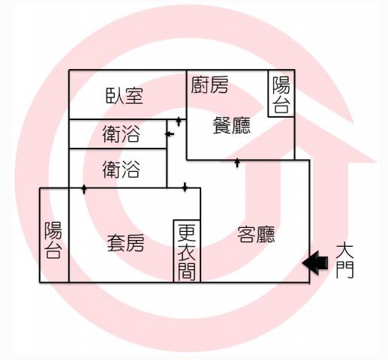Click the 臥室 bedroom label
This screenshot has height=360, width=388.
(x=125, y=96)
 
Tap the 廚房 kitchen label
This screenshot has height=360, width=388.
(x=209, y=85)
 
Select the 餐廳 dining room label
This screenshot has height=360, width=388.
(x=232, y=125)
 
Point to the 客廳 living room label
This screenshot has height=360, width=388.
(x=256, y=235)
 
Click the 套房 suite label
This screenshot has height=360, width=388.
(x=125, y=243)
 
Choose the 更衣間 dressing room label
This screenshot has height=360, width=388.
(x=187, y=252)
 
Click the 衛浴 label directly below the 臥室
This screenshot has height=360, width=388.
(x=121, y=134)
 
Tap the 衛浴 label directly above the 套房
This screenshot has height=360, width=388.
(x=121, y=169)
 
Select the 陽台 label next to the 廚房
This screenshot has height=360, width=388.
(x=281, y=94)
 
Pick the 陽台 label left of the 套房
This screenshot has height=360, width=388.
(x=53, y=240)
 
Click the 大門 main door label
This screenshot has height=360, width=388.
(x=344, y=261)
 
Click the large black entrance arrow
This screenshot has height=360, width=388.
(x=315, y=262)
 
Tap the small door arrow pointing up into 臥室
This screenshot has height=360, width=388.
(x=179, y=121)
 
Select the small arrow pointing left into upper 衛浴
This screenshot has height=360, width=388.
(x=170, y=134)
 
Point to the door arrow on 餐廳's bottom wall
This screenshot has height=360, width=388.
(x=237, y=163)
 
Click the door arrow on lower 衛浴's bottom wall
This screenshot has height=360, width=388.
(x=84, y=189)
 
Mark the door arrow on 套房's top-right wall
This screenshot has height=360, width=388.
(x=185, y=187)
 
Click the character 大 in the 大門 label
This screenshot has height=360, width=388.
(x=344, y=250)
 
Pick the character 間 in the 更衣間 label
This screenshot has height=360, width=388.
(x=187, y=271)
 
